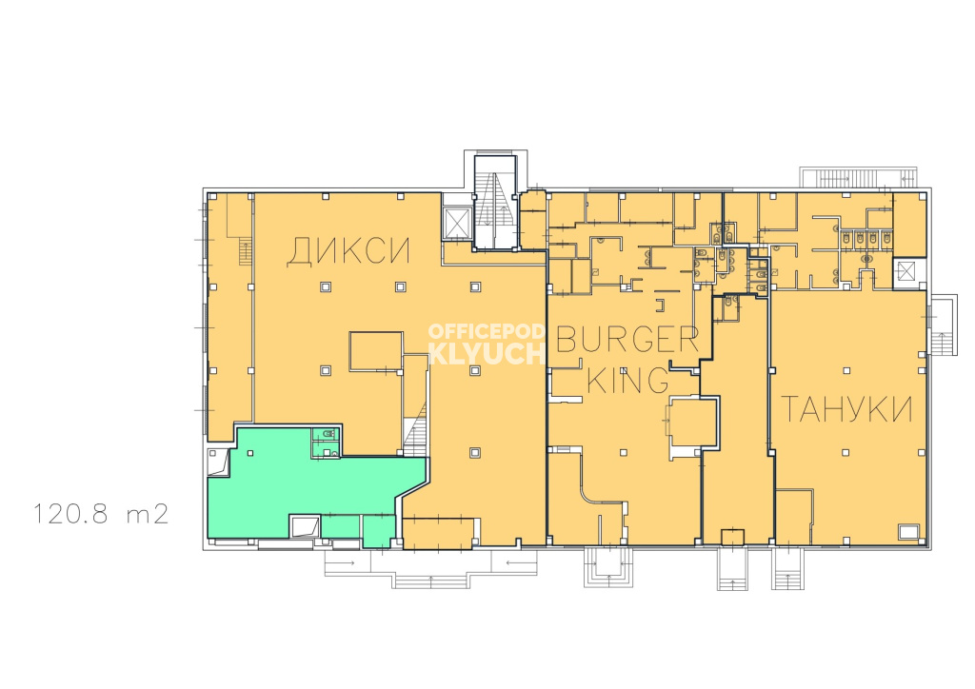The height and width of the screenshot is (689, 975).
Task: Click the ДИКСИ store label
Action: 348,251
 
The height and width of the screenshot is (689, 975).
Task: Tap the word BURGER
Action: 627,339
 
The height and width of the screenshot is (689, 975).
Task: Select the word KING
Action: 627,380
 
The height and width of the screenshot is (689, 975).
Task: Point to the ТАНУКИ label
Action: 846,409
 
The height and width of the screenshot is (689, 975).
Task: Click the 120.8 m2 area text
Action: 100,515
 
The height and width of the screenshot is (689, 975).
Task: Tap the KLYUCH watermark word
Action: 487,353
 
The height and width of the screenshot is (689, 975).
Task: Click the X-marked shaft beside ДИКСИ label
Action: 456,223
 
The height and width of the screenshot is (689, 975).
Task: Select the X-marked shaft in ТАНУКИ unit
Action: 906,272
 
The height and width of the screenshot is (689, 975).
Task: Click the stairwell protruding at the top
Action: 495,202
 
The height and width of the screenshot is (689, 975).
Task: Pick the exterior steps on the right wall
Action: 943,325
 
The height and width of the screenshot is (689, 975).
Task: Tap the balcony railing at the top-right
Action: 858,177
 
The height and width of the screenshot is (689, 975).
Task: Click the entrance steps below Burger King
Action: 608,566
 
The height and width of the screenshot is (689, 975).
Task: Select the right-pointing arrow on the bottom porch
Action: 348,562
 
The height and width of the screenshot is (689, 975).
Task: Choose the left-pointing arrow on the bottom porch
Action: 513,562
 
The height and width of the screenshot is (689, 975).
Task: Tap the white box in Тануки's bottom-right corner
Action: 908,532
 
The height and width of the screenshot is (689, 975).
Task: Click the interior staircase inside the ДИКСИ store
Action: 415,428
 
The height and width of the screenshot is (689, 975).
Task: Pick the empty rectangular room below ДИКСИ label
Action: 375,351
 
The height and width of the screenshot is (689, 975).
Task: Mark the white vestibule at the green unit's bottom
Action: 306,525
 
